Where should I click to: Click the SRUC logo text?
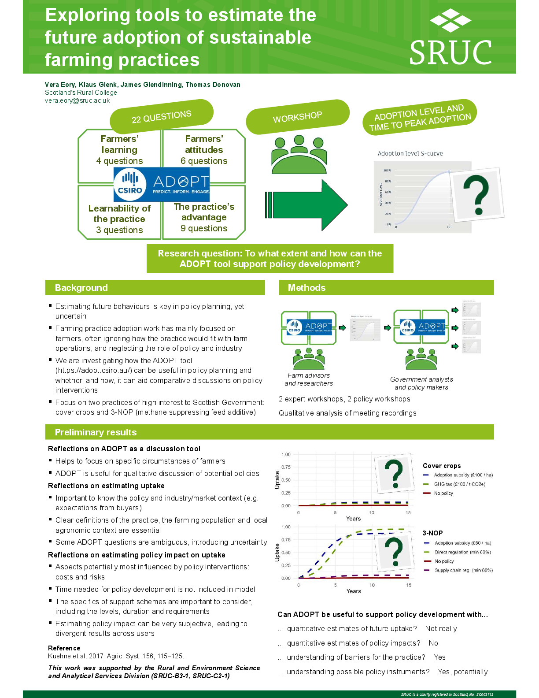(x=450, y=52)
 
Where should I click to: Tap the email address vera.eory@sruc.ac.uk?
(x=77, y=100)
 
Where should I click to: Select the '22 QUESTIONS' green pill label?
(x=161, y=116)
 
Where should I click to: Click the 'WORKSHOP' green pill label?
(x=297, y=117)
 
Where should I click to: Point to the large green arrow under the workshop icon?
(x=308, y=205)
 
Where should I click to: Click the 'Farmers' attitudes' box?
(x=204, y=150)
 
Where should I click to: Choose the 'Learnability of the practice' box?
(x=119, y=219)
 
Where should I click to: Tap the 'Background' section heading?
(x=81, y=288)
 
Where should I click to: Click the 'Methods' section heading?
(x=306, y=288)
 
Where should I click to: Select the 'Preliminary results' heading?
(x=96, y=432)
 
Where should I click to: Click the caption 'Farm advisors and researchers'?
(x=309, y=379)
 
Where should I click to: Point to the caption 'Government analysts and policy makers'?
(x=421, y=383)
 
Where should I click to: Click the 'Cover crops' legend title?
(x=442, y=466)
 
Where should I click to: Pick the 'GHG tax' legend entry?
(x=459, y=484)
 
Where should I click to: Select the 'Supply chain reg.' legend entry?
(x=463, y=570)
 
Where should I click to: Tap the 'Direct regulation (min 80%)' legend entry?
(x=462, y=552)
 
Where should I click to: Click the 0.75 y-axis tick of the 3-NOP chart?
(x=286, y=540)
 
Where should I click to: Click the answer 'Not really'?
(x=441, y=629)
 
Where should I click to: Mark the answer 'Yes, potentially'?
(x=462, y=672)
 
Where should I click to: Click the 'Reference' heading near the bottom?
(x=64, y=648)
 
